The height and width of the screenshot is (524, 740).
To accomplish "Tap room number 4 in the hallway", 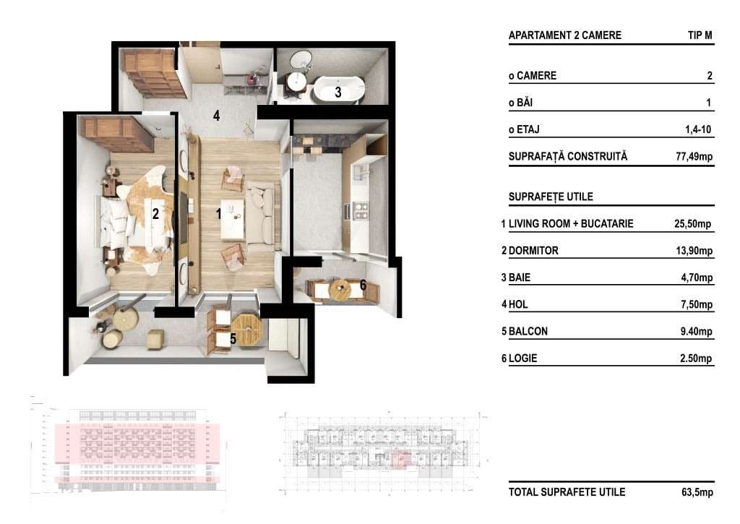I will click(215, 115).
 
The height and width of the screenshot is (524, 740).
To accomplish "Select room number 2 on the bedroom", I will click(155, 214).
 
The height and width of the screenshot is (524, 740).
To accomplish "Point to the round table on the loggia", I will click(340, 289).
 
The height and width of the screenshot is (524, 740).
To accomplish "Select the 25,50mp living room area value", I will click(692, 224).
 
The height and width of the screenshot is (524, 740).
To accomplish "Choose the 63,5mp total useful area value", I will click(697, 492).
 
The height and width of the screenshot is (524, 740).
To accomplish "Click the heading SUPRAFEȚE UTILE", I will click(546, 197).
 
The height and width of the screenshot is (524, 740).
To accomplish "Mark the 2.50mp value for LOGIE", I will click(695, 358).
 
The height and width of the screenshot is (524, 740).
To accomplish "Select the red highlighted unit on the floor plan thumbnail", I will click(401, 459).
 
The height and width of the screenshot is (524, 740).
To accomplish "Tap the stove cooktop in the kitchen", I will click(359, 210).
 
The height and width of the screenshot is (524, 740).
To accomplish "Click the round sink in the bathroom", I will click(296, 82).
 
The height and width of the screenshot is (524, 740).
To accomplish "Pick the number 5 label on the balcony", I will click(233, 338).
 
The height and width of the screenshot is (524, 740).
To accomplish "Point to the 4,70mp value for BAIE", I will click(695, 278).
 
